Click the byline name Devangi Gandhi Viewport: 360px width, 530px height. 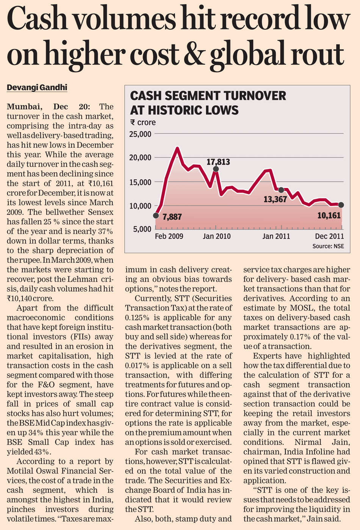[37, 88]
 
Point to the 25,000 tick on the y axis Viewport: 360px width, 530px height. [140, 134]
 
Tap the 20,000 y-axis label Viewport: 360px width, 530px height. [140, 158]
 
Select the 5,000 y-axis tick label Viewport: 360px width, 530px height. [142, 229]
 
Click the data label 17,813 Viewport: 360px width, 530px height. [218, 162]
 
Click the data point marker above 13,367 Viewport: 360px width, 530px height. [281, 190]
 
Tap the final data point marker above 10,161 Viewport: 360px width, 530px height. [341, 205]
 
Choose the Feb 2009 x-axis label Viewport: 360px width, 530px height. [169, 236]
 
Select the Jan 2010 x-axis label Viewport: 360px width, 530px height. [216, 236]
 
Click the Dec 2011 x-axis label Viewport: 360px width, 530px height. [329, 236]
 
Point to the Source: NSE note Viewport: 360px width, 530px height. [328, 246]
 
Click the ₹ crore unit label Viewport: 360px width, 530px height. [143, 123]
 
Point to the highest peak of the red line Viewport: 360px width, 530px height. [177, 148]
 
